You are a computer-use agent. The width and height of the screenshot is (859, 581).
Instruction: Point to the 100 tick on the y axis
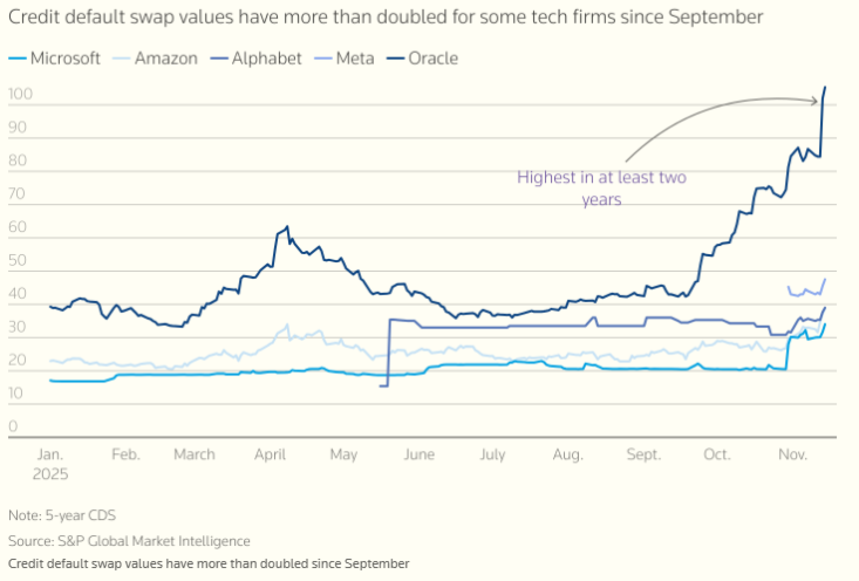[20, 94]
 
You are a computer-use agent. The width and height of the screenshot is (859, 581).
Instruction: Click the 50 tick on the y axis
[17, 260]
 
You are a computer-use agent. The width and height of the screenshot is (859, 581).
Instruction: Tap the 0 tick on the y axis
[13, 426]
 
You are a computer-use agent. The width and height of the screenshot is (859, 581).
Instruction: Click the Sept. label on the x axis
[643, 454]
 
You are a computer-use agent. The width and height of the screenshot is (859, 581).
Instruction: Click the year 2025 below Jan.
[50, 474]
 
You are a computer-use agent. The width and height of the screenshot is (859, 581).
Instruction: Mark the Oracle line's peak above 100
[825, 88]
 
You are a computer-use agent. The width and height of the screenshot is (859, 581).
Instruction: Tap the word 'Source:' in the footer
[31, 541]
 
